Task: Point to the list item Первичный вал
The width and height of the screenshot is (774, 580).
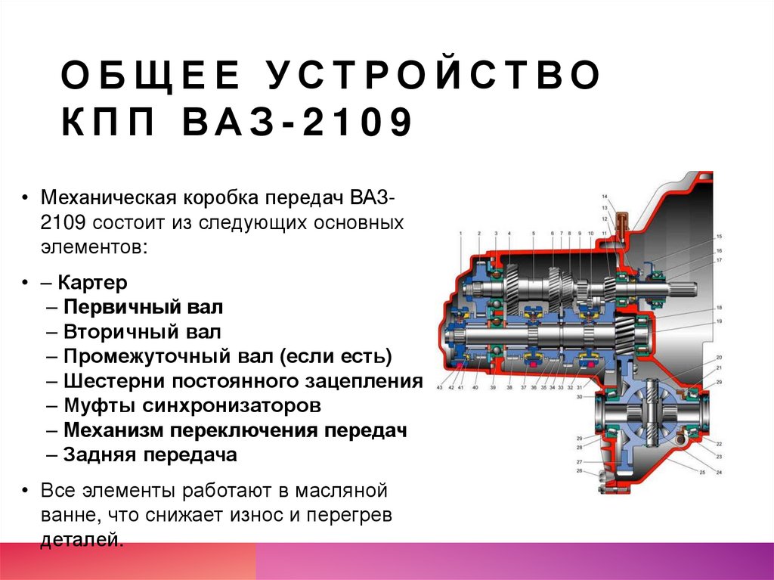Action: tap(144, 308)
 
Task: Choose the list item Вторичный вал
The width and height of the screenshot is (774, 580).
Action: tap(143, 332)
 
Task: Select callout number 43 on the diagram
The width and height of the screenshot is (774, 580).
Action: tap(439, 387)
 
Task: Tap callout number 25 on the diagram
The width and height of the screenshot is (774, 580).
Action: tap(701, 472)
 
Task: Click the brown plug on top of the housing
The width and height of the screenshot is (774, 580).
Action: tap(621, 226)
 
